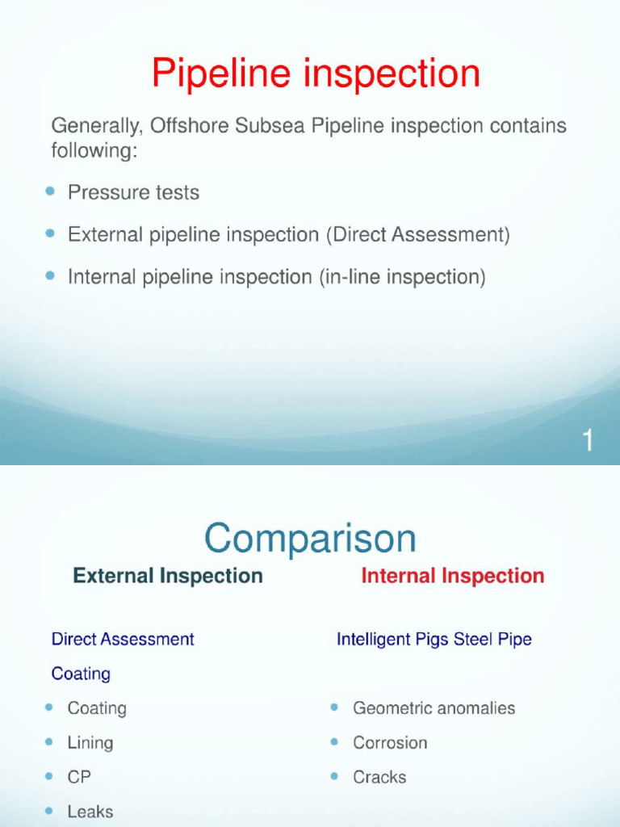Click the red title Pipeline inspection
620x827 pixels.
click(316, 75)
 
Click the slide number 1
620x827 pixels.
click(589, 441)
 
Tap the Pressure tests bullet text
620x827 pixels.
click(133, 193)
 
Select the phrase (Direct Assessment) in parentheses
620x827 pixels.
click(418, 235)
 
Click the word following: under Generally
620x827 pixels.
click(94, 150)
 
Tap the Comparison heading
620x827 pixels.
click(310, 539)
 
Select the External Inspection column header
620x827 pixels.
click(168, 576)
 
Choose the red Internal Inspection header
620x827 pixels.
click(452, 576)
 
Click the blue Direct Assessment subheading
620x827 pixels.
click(123, 639)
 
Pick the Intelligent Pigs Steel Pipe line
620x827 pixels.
click(434, 639)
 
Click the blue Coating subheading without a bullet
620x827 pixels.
click(81, 674)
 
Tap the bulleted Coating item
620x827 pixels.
click(97, 708)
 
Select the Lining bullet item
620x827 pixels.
click(90, 743)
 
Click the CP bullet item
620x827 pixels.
click(79, 777)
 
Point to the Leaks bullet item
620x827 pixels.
click(90, 812)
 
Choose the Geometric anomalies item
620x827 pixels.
click(434, 708)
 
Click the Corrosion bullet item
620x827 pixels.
click(390, 743)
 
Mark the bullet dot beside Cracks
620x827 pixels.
click(334, 776)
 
